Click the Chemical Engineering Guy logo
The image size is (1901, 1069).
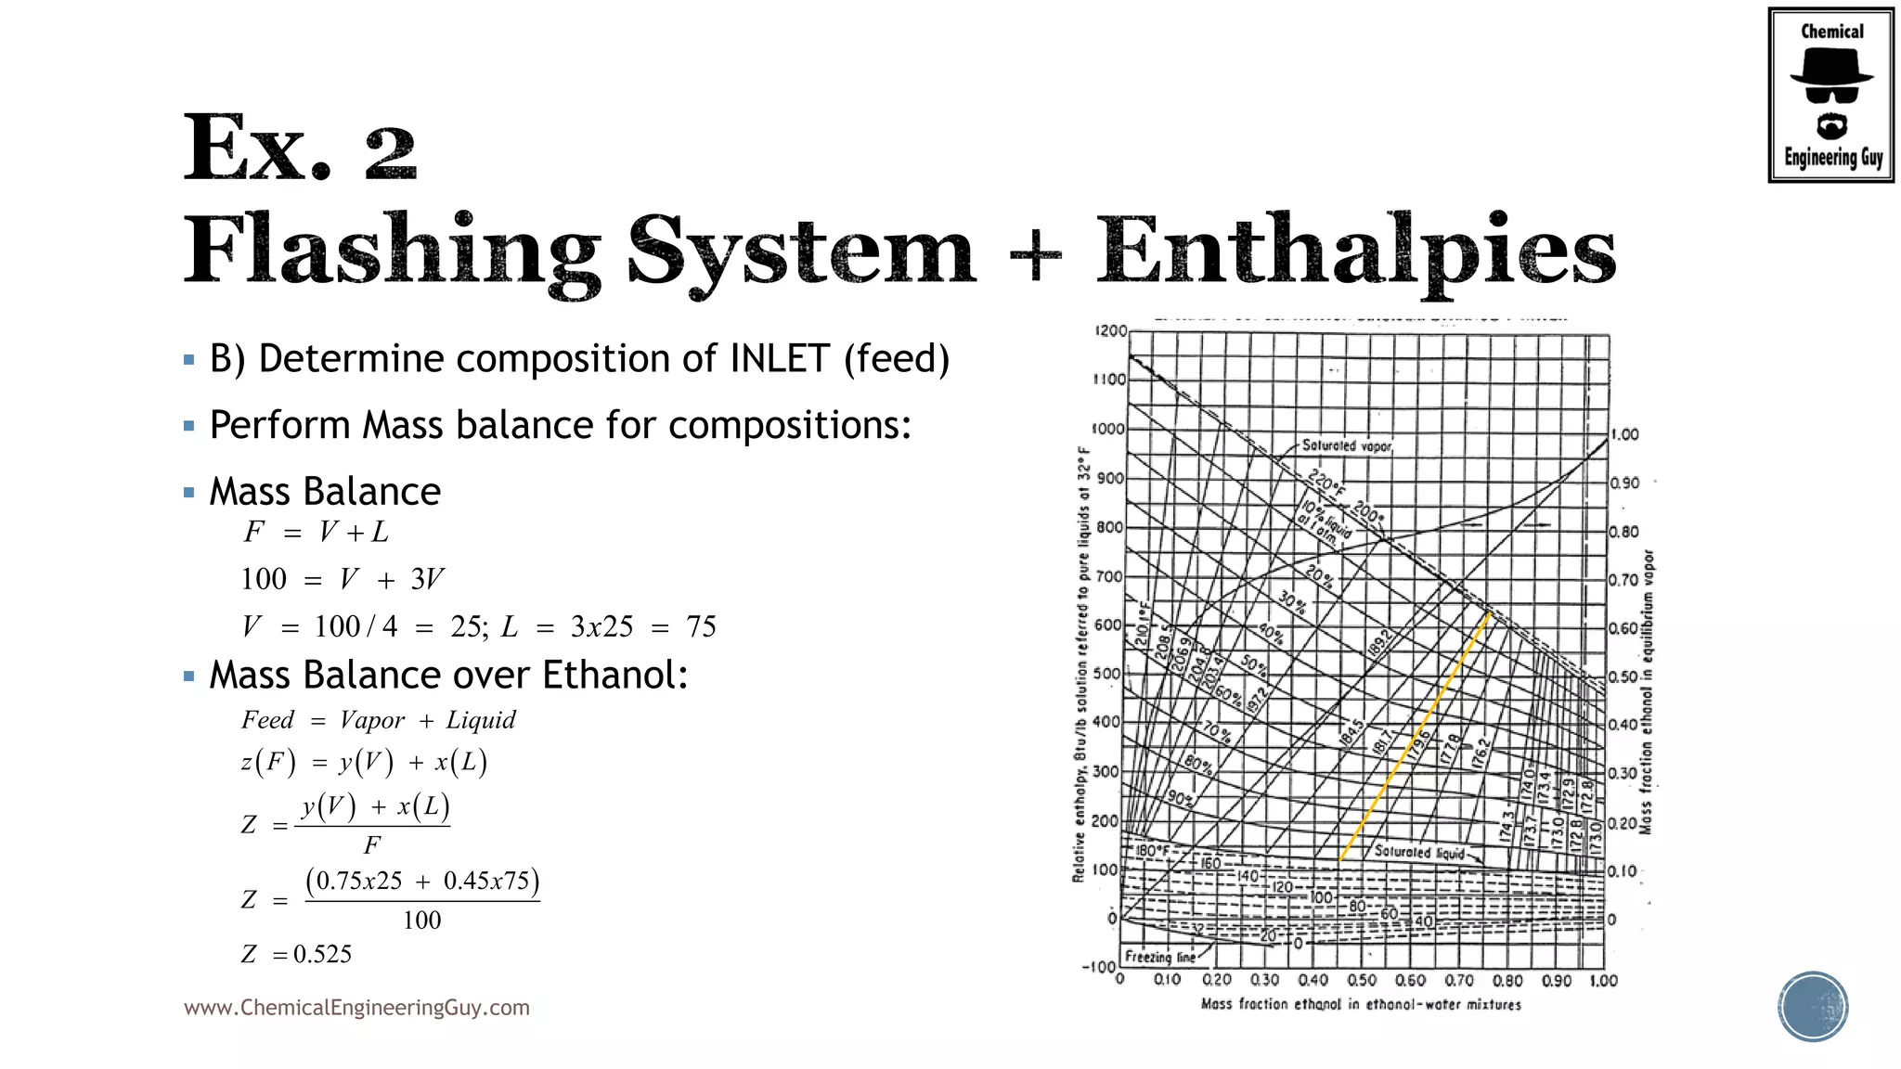pos(1830,95)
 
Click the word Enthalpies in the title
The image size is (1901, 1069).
pos(1356,251)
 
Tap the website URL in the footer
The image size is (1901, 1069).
pos(356,1008)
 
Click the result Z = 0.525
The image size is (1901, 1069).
pos(296,954)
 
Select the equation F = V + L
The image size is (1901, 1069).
pos(316,532)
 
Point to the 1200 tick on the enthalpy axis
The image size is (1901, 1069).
pos(1110,331)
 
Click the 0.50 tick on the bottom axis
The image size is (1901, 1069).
pos(1362,981)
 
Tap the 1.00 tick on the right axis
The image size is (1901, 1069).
pos(1624,434)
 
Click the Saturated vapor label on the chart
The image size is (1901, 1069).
pos(1346,446)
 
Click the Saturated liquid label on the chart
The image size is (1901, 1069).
pos(1419,852)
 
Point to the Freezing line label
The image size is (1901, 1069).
pos(1160,957)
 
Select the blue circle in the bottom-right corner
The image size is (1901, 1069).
pos(1813,1007)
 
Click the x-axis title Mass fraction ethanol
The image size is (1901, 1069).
pos(1361,1004)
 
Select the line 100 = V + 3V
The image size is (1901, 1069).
pos(342,579)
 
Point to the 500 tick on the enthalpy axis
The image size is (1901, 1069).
pos(1107,674)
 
